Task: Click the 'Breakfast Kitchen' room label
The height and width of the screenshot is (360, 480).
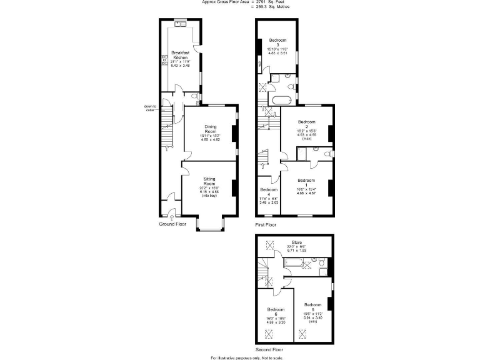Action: (x=180, y=55)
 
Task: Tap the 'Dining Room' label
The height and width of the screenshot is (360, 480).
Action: (x=211, y=131)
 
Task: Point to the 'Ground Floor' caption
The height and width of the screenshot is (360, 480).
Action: (x=172, y=224)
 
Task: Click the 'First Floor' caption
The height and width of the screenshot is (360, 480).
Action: (x=266, y=224)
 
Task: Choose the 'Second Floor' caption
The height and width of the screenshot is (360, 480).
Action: (x=269, y=349)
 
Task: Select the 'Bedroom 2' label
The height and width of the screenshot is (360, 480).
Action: (x=306, y=124)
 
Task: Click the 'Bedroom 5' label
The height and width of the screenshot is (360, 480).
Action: (x=312, y=306)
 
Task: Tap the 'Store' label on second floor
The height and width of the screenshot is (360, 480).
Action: (x=297, y=243)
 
